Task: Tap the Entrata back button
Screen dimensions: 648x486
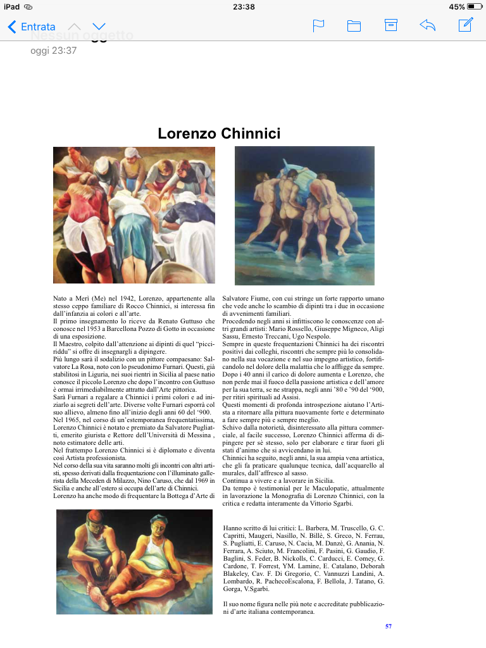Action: click(32, 27)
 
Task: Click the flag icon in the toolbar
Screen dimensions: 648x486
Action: click(318, 26)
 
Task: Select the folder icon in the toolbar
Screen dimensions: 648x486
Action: click(354, 26)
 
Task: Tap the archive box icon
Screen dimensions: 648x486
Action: click(391, 26)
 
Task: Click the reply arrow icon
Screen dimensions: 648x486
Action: click(428, 26)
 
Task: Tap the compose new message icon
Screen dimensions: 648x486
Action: click(466, 25)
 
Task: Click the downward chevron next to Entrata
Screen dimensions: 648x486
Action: click(99, 27)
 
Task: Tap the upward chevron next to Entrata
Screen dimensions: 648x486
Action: click(74, 27)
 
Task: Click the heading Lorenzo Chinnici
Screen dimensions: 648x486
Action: click(219, 134)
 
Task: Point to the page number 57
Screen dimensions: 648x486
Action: click(389, 626)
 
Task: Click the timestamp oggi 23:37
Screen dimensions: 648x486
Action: click(54, 51)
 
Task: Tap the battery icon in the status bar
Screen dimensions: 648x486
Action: click(475, 6)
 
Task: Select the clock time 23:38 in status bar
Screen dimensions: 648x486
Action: click(244, 6)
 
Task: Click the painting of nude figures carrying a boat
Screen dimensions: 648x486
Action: click(304, 215)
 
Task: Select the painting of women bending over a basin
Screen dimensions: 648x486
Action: click(134, 215)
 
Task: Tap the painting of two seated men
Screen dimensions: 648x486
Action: click(134, 561)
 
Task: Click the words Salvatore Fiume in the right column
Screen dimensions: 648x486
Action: click(247, 299)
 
